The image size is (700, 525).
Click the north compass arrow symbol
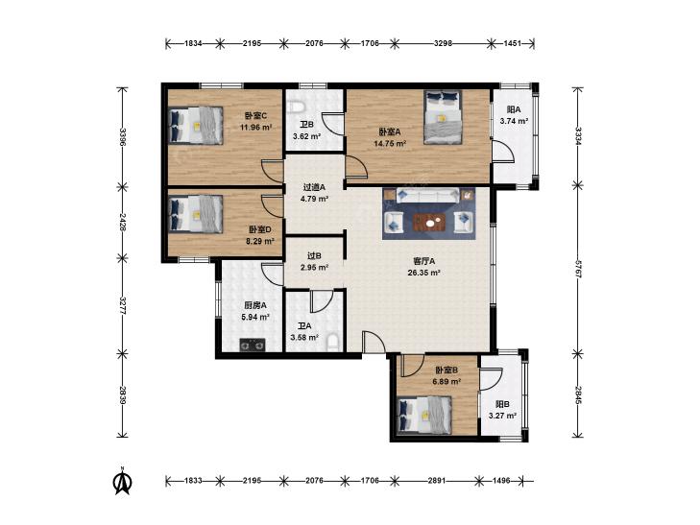[x=122, y=481]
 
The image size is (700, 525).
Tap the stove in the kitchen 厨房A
[x=253, y=345]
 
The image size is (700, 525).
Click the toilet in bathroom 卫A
[x=333, y=342]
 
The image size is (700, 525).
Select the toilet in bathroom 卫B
[x=296, y=107]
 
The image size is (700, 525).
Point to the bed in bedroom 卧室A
[x=443, y=117]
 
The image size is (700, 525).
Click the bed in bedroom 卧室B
[x=424, y=416]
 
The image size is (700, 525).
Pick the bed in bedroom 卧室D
[x=196, y=214]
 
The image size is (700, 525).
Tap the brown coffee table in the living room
[x=429, y=222]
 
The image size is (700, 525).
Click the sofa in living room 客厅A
[x=428, y=195]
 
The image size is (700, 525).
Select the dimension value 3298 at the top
[x=443, y=43]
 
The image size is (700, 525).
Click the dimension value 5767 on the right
[x=578, y=270]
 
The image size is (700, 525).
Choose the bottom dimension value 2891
[x=436, y=481]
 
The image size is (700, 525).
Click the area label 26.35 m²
[x=423, y=273]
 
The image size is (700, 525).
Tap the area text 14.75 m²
[x=390, y=144]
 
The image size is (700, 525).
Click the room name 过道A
[x=314, y=187]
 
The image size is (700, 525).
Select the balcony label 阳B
[x=502, y=404]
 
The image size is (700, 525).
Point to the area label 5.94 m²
[x=254, y=317]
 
